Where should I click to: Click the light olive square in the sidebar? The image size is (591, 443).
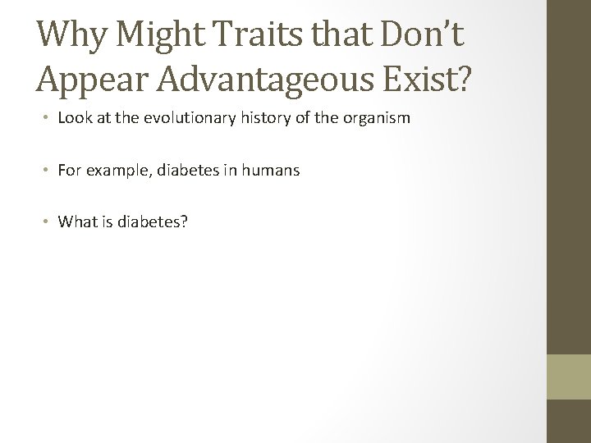click(569, 377)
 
